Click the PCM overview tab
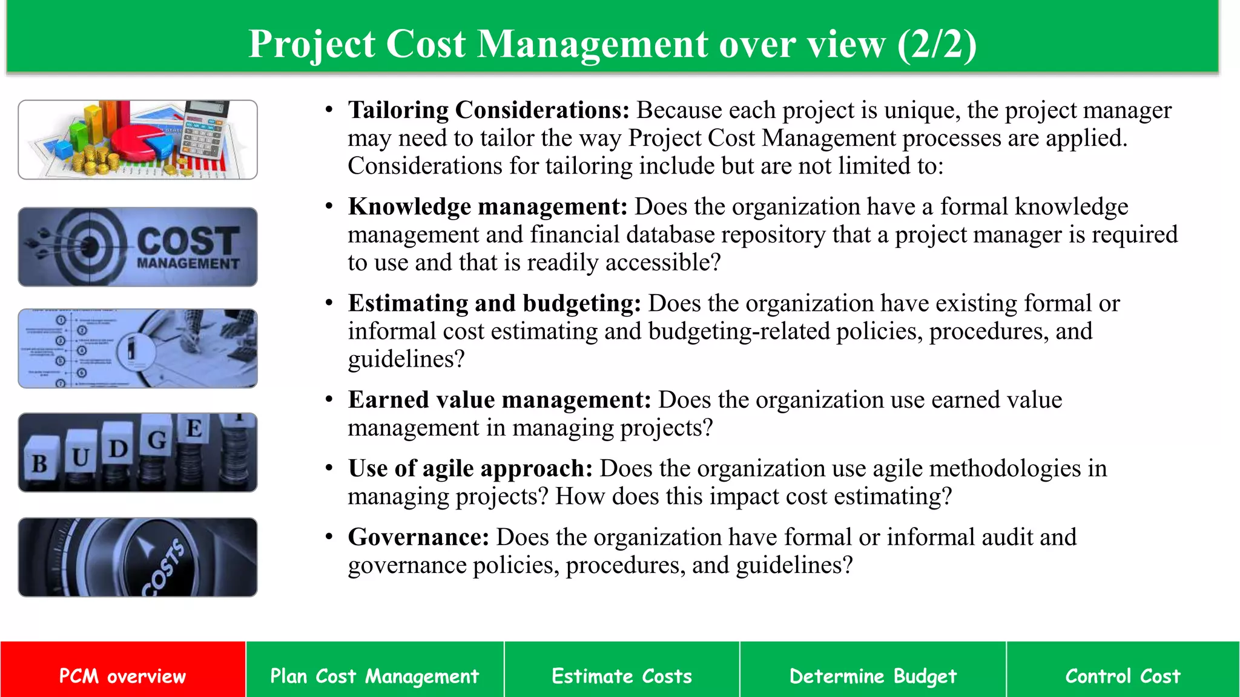pos(122,675)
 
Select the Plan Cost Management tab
pos(374,675)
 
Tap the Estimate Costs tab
pos(621,675)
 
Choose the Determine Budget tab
pos(872,675)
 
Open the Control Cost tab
pos(1123,675)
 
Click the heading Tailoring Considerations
pos(489,110)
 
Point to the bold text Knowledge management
pos(487,207)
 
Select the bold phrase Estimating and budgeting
pos(494,303)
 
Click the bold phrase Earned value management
pos(500,400)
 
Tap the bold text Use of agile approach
pos(470,468)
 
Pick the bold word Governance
pos(418,537)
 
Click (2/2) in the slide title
pos(937,44)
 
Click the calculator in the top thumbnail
pos(203,130)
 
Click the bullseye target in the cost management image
pos(91,246)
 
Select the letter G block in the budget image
pos(157,440)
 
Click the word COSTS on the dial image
pos(163,568)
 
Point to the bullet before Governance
pos(329,537)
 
